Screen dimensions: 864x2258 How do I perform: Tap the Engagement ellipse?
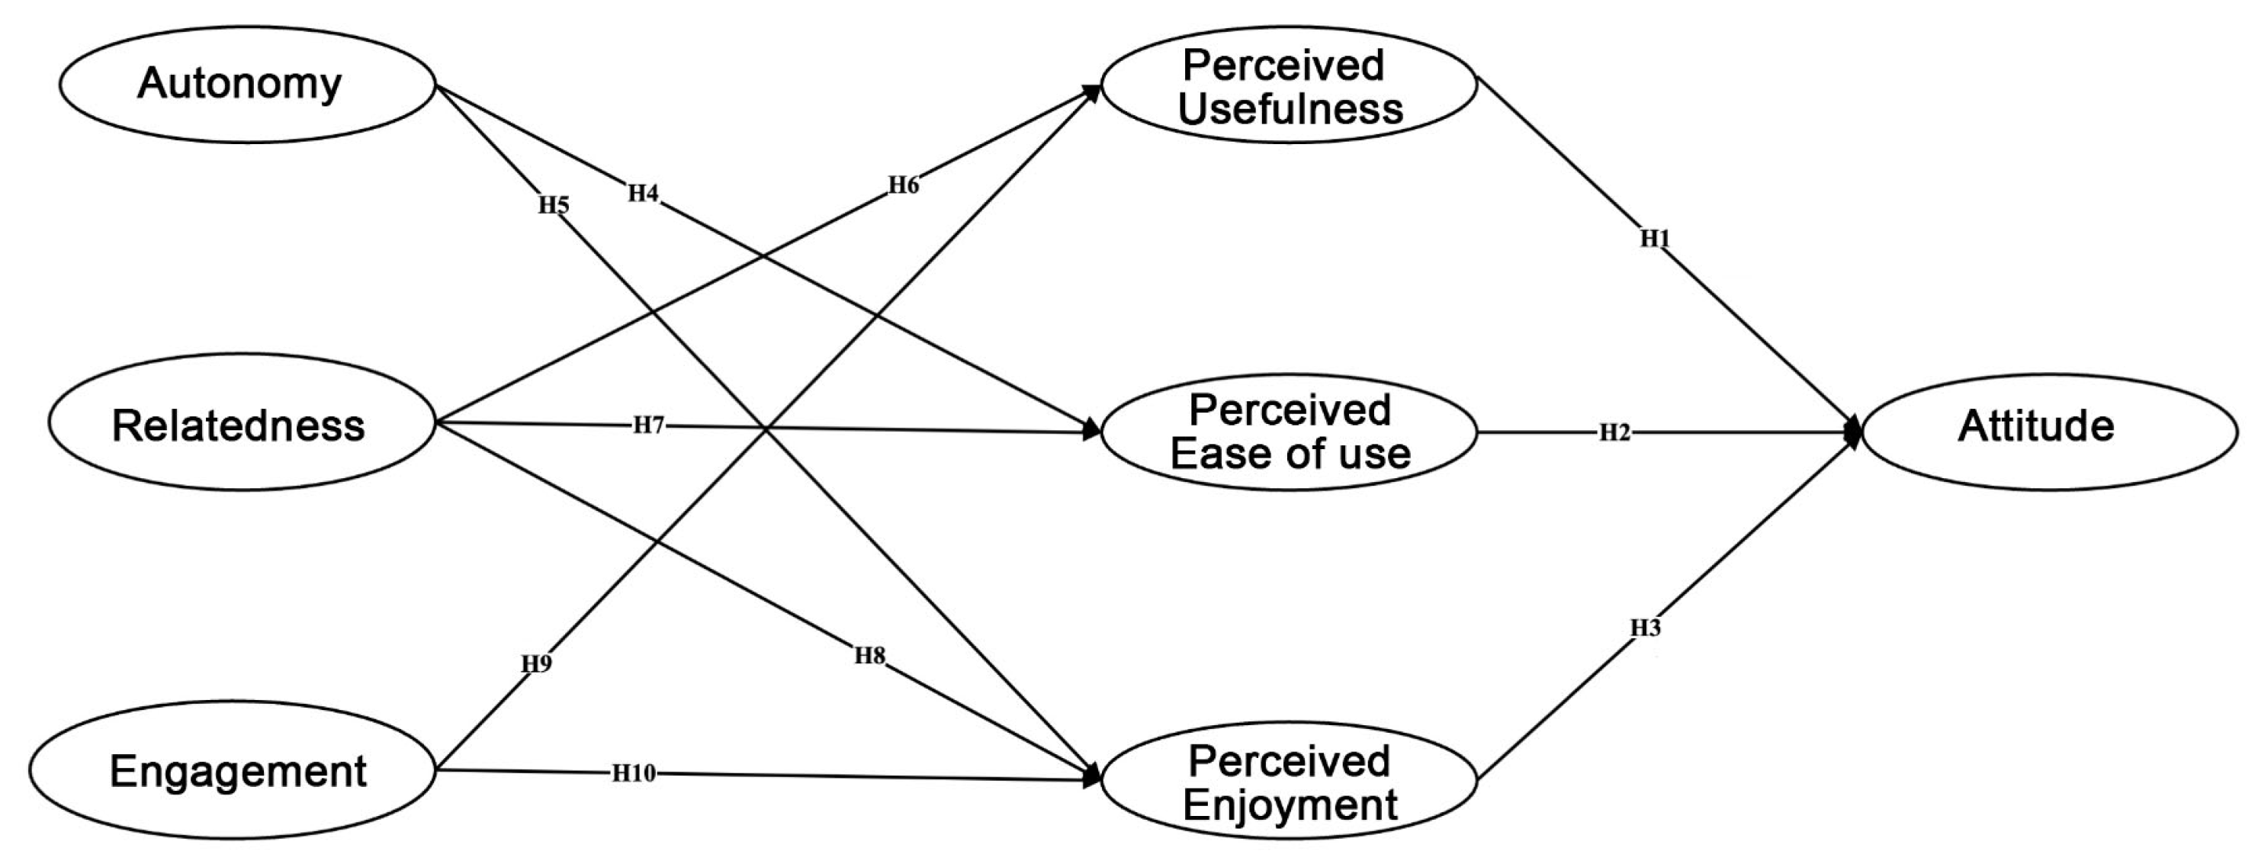(x=233, y=771)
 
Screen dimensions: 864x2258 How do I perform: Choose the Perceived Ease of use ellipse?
(x=1289, y=431)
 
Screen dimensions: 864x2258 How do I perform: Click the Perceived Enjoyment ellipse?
(x=1289, y=780)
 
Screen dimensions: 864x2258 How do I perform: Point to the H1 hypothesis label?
(x=1655, y=239)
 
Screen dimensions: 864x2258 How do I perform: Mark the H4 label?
(x=643, y=194)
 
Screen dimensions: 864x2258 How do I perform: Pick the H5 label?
(x=553, y=206)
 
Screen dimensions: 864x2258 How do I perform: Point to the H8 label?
(x=869, y=656)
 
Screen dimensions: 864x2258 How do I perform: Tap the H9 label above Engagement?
(x=536, y=664)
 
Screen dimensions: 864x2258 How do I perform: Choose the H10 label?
(x=633, y=772)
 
